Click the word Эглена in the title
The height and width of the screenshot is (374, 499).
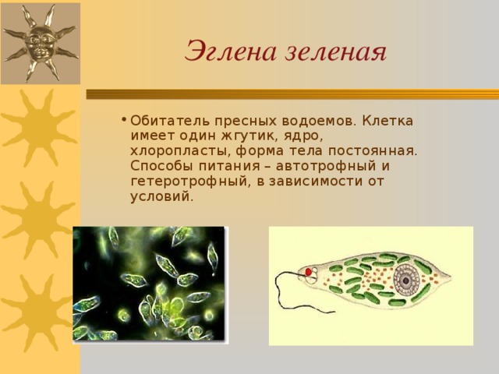click(230, 51)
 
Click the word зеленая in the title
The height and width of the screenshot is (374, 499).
click(335, 52)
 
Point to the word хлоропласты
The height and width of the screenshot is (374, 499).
click(180, 151)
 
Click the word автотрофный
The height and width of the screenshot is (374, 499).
click(322, 167)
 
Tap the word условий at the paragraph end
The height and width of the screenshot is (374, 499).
click(161, 196)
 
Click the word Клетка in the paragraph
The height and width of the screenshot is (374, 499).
click(388, 121)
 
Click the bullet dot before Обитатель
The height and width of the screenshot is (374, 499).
click(124, 120)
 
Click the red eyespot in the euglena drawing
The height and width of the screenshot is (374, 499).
click(309, 272)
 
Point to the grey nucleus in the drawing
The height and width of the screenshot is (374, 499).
click(406, 280)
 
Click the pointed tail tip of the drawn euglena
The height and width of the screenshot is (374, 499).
click(451, 275)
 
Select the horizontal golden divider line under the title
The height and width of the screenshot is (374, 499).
click(292, 94)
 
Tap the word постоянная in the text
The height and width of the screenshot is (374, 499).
click(372, 151)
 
